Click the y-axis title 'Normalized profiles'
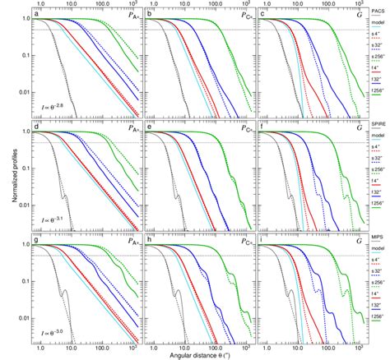pos(6,178)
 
